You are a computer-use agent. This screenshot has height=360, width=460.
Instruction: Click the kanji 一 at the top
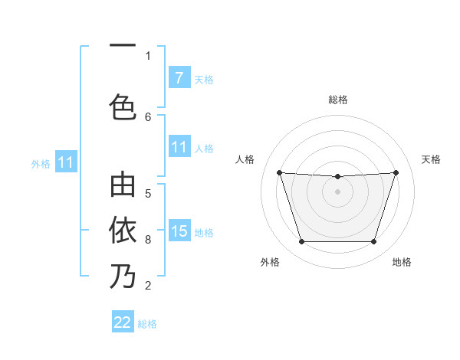(x=123, y=46)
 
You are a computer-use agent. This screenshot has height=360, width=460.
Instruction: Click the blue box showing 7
(x=179, y=78)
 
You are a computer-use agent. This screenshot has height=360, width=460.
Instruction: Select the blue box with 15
(x=179, y=231)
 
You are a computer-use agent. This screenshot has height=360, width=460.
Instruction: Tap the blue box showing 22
(x=123, y=322)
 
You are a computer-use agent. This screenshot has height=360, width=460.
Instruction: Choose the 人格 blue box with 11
(x=179, y=147)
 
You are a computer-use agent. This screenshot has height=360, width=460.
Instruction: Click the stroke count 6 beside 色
(x=148, y=116)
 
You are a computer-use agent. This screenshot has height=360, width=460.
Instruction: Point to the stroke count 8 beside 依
(x=148, y=240)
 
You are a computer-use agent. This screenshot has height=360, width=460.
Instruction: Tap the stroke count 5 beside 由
(x=148, y=193)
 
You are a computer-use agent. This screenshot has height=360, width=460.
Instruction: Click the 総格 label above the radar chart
(x=337, y=100)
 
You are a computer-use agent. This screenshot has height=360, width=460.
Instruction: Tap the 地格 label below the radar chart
(x=402, y=262)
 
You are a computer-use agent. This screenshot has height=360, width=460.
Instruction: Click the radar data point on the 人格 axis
(x=279, y=173)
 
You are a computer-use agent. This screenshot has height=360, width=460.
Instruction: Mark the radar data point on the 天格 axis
(x=396, y=173)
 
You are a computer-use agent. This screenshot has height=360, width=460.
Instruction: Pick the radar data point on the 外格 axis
(x=301, y=242)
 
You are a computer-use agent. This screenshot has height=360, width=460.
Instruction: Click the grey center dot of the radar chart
(x=337, y=191)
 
